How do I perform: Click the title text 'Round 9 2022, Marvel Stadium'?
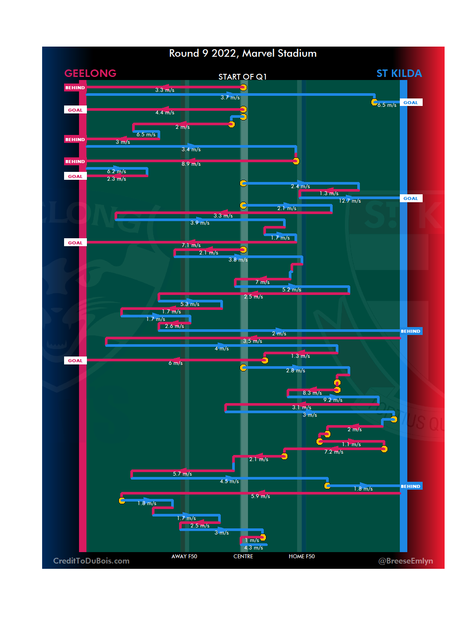[243, 54]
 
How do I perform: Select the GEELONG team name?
[90, 73]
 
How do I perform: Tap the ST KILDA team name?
[399, 73]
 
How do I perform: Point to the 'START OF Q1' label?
[242, 77]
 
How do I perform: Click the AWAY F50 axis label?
[184, 557]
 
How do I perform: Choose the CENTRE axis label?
[243, 557]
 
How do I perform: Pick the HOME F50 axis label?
[302, 557]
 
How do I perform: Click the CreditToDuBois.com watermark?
[91, 561]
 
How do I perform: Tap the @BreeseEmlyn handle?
[406, 561]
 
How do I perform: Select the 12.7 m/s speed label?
[350, 201]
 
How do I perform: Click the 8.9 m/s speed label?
[191, 164]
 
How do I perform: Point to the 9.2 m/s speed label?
[333, 400]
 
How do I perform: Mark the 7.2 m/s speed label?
[334, 452]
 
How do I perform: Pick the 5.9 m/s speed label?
[260, 496]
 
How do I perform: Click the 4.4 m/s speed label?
[165, 113]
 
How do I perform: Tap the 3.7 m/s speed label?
[230, 98]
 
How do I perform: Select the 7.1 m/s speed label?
[191, 245]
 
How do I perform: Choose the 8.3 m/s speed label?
[312, 393]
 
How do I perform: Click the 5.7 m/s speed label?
[182, 474]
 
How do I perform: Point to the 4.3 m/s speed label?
[253, 548]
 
